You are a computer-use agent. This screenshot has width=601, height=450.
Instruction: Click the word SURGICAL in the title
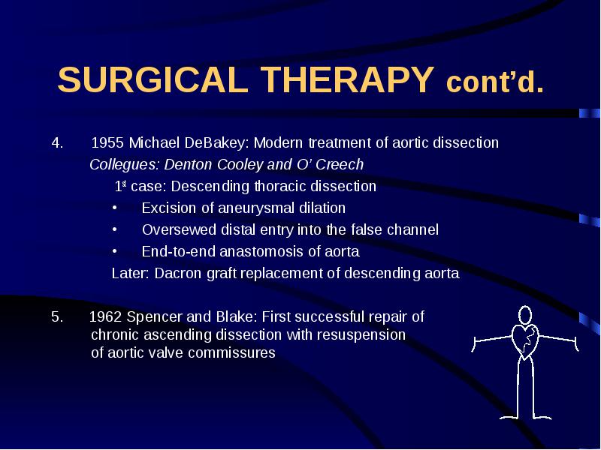pyautogui.click(x=153, y=79)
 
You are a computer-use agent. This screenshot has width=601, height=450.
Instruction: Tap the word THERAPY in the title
pyautogui.click(x=347, y=79)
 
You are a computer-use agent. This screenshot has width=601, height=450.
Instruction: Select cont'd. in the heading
pyautogui.click(x=495, y=82)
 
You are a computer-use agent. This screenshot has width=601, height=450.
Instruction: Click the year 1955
pyautogui.click(x=107, y=142)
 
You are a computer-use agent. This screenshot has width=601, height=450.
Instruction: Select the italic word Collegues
pyautogui.click(x=124, y=164)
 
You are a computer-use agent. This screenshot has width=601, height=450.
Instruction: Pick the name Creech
pyautogui.click(x=340, y=164)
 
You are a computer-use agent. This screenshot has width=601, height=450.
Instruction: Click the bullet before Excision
pyautogui.click(x=115, y=208)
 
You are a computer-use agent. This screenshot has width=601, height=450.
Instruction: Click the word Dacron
pyautogui.click(x=178, y=274)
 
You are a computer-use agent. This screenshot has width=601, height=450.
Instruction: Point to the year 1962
pyautogui.click(x=105, y=316)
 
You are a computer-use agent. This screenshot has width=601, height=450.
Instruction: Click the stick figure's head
pyautogui.click(x=525, y=315)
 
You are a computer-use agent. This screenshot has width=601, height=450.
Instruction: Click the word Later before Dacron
pyautogui.click(x=130, y=274)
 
